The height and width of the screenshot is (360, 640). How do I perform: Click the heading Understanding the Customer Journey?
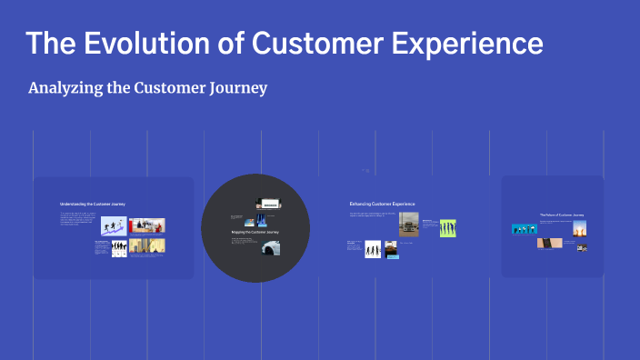pyautogui.click(x=92, y=205)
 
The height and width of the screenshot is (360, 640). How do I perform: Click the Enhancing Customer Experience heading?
pyautogui.click(x=382, y=204)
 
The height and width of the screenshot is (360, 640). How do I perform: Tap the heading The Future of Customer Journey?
pyautogui.click(x=561, y=215)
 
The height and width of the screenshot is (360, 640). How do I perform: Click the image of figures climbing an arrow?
pyautogui.click(x=114, y=226)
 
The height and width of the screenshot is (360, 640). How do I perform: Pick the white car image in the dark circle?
pyautogui.click(x=270, y=247)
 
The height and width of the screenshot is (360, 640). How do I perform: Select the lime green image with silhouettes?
pyautogui.click(x=447, y=227)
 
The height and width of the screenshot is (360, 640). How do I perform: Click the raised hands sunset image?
pyautogui.click(x=579, y=229)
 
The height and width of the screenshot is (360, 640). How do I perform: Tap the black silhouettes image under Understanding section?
pyautogui.click(x=119, y=248)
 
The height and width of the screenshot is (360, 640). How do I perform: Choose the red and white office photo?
pyautogui.click(x=147, y=225)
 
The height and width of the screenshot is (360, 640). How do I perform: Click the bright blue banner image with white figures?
pyautogui.click(x=524, y=229)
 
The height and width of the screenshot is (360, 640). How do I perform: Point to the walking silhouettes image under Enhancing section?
pyautogui.click(x=373, y=248)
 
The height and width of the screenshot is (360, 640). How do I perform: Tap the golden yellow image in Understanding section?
pyautogui.click(x=147, y=246)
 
